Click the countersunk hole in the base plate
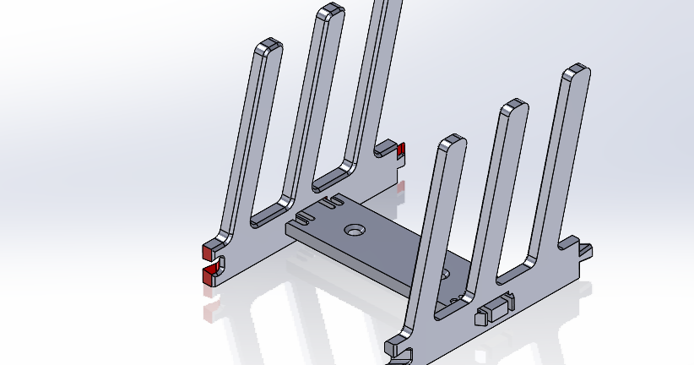pos(354,229)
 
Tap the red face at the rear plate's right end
pos(401,151)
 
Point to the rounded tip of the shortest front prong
pos(453,140)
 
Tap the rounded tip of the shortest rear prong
pos(269,44)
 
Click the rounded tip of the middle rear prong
pos(329,10)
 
